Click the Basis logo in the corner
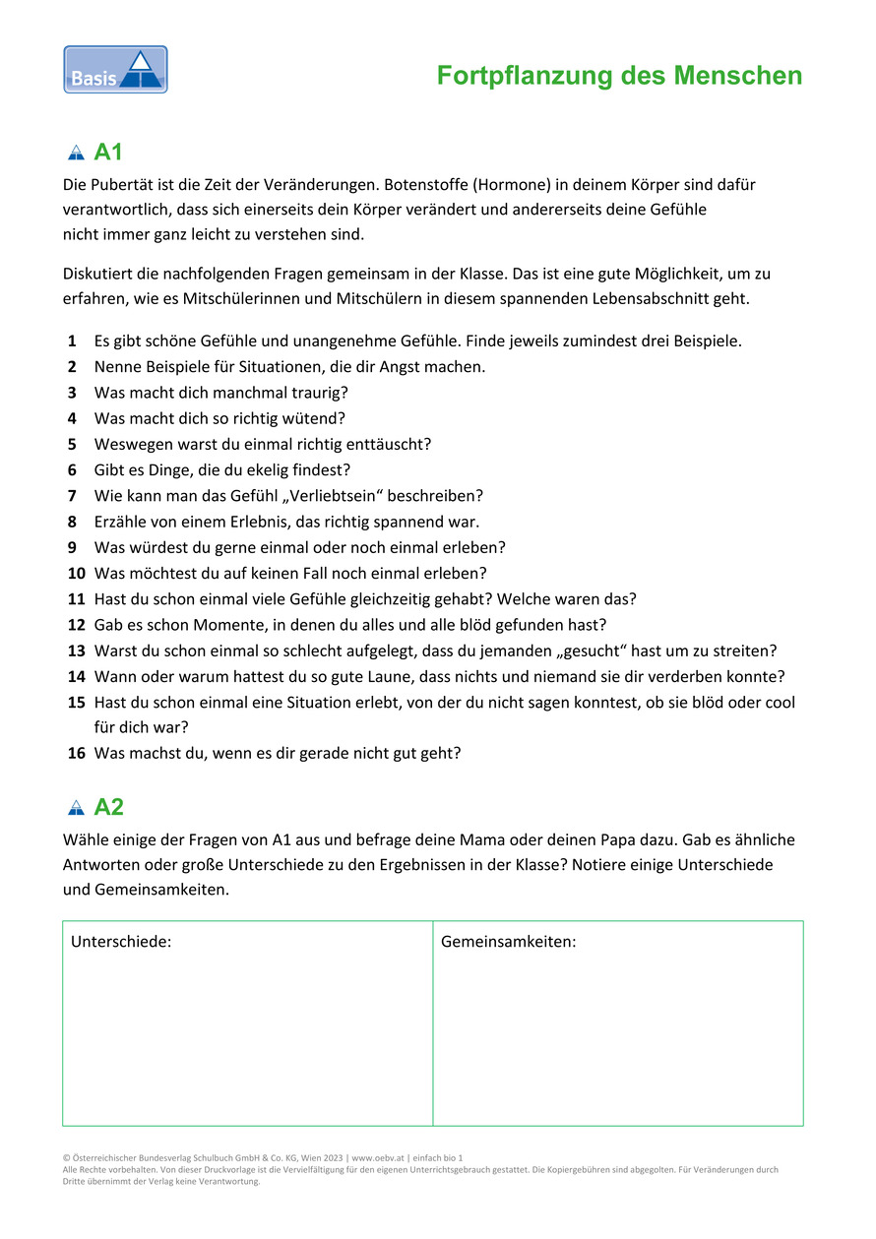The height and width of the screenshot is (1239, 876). tap(115, 70)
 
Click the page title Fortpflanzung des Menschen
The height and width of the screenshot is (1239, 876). tap(619, 76)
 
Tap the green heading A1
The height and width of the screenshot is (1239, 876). tap(108, 153)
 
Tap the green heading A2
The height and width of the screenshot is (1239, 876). tap(108, 807)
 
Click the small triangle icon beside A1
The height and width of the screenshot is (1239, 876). tap(76, 154)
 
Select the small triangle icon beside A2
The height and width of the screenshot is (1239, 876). tap(76, 808)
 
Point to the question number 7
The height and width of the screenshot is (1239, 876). tap(73, 495)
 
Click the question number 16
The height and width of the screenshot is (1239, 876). tap(77, 753)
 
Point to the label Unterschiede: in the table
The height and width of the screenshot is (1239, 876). tap(121, 942)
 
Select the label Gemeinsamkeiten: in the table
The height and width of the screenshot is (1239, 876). tap(508, 942)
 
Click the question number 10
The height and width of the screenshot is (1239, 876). tap(77, 573)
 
